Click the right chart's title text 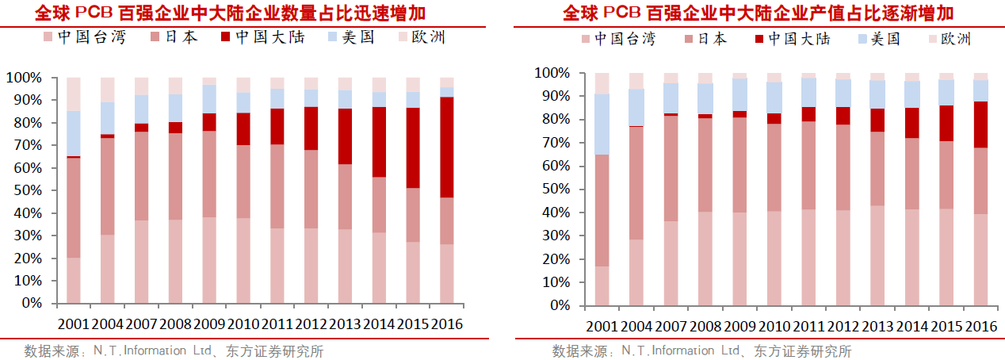[x=758, y=13]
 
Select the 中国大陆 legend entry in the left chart [x=262, y=37]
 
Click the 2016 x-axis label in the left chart [x=445, y=324]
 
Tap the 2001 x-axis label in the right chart [x=602, y=327]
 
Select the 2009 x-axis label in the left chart [x=209, y=324]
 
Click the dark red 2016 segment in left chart [x=446, y=147]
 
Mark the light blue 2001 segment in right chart [x=602, y=124]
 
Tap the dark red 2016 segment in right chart [x=981, y=124]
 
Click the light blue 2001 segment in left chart [x=73, y=133]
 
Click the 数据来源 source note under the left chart [x=174, y=350]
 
